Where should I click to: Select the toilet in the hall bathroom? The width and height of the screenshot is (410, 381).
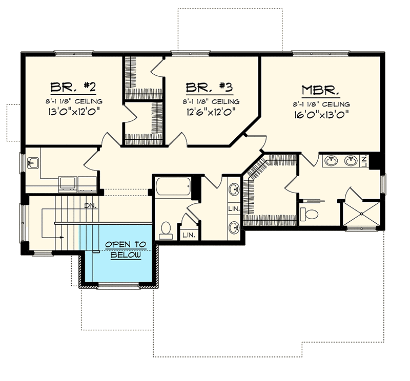(x=166, y=230)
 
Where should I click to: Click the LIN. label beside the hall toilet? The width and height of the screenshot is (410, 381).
(x=189, y=235)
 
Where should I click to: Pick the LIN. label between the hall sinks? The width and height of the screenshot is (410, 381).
(x=233, y=208)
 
